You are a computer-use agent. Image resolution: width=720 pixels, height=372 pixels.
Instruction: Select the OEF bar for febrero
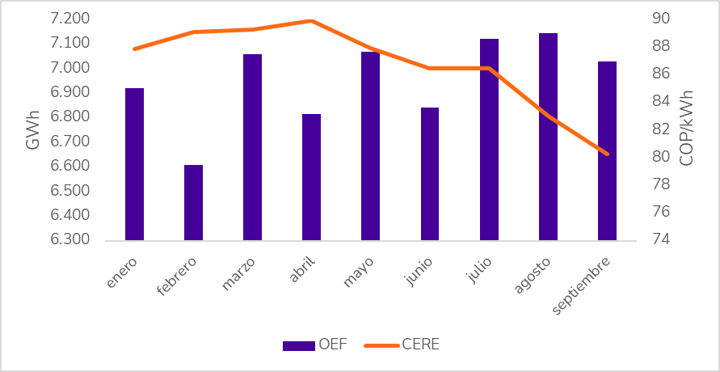point(193,202)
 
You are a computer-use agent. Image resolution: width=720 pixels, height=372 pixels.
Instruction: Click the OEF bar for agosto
point(548,137)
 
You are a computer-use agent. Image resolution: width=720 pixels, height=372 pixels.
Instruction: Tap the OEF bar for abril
point(311,177)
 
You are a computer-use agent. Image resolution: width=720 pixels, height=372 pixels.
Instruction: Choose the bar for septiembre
point(607,150)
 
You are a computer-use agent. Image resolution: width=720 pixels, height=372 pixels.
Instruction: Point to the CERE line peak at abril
point(312,21)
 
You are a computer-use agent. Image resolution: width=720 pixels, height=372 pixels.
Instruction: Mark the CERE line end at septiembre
point(608,154)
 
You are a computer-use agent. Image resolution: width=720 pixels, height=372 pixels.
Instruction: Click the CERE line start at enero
point(134,49)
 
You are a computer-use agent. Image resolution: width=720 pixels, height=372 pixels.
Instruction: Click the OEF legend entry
point(314,345)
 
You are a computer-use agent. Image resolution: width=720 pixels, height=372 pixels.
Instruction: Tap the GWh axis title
point(32,129)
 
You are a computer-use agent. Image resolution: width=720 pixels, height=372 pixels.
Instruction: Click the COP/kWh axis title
point(687,129)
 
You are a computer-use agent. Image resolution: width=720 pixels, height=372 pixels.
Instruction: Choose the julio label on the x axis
point(479,267)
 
